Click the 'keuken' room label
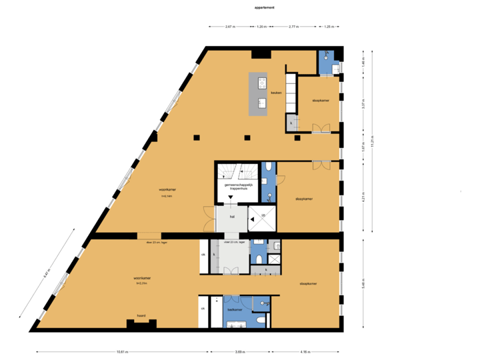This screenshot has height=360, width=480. (x=276, y=93)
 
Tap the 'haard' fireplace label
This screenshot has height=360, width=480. (x=141, y=315)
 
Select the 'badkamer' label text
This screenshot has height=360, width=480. (x=234, y=310)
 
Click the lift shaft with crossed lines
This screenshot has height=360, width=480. (x=262, y=217)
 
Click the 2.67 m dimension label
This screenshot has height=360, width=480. (x=230, y=27)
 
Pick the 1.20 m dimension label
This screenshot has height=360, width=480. (x=261, y=27)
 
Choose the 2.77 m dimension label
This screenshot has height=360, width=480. (x=293, y=27)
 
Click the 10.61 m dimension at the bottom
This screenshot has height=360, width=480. (x=121, y=351)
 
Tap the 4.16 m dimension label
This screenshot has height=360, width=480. (x=304, y=351)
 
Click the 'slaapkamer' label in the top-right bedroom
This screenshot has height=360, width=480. (x=321, y=101)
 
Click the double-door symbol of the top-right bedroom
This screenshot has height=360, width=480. (x=321, y=128)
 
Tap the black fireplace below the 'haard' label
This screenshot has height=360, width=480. (x=141, y=325)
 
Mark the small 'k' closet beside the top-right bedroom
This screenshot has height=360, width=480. (x=291, y=123)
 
